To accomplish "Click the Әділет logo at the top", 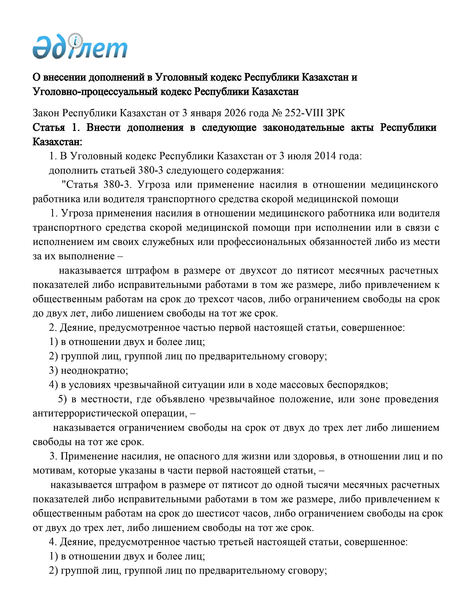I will [80, 47].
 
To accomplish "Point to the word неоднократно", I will [94, 370].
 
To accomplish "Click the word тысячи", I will [323, 485].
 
